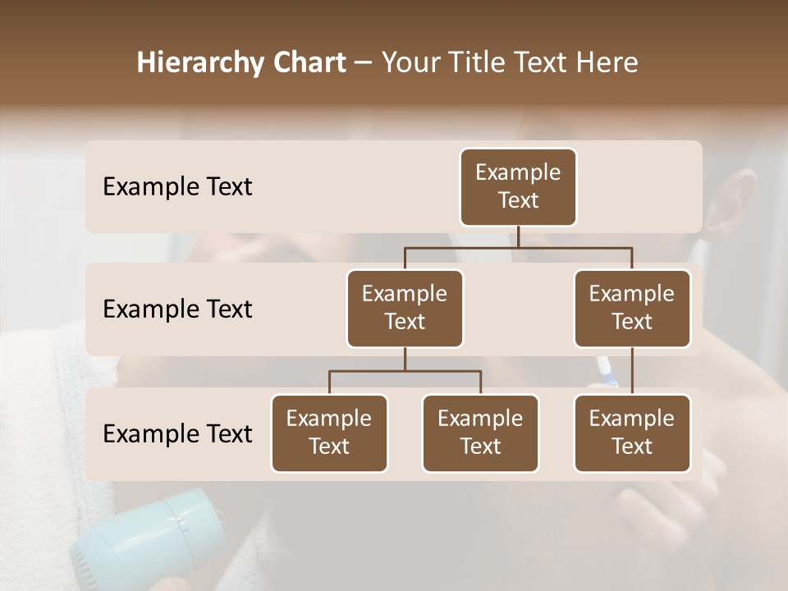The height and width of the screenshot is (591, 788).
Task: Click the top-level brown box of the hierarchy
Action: click(518, 186)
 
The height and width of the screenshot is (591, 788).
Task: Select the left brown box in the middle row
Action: click(405, 308)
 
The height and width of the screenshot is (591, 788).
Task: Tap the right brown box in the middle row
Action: click(632, 308)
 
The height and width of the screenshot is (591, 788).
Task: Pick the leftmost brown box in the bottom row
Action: click(329, 433)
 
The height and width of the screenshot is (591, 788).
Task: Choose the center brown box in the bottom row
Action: click(480, 433)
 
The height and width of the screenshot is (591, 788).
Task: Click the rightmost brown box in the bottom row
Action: click(632, 433)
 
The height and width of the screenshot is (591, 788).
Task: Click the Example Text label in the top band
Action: click(177, 186)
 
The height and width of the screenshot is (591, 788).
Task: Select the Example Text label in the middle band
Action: click(177, 309)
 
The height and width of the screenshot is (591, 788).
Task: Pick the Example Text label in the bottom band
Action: click(177, 433)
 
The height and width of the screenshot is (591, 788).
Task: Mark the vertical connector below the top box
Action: click(518, 237)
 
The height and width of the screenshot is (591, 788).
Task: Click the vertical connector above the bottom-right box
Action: click(632, 371)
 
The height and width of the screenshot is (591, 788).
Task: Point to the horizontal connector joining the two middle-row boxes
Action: click(518, 248)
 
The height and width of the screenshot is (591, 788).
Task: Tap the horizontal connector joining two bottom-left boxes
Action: click(405, 371)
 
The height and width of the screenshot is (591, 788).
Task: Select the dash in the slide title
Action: click(363, 63)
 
